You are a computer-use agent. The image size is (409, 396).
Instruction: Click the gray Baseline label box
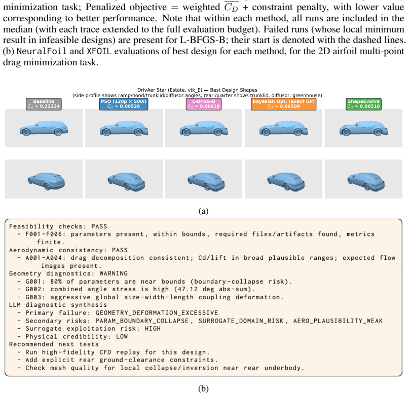pos(44,104)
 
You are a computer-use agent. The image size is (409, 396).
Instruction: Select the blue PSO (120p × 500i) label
pos(124,104)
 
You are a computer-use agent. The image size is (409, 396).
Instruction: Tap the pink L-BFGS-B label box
pos(204,104)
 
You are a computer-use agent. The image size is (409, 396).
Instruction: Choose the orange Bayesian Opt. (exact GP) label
pos(283,104)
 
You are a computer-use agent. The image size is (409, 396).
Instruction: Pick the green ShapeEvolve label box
pos(363,104)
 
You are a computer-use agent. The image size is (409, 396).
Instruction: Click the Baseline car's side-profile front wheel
pos(26,132)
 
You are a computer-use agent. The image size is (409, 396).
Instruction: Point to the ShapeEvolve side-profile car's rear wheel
pos(378,133)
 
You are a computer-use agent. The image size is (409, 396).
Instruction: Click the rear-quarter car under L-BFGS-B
pos(206,181)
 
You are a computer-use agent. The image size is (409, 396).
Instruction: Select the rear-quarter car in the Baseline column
pos(47,181)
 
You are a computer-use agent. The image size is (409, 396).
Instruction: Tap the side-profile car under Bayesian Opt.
pos(283,128)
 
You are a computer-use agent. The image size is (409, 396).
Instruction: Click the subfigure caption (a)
pos(203,211)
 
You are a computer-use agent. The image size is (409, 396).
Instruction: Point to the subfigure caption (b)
pos(203,389)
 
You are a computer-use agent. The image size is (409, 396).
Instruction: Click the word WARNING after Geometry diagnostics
pos(114,273)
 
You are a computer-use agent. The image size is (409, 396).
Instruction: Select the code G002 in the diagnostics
pos(33,289)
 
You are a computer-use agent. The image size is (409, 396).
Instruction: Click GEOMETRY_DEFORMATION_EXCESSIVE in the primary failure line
pos(157,313)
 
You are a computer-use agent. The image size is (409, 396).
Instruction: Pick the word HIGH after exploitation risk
pos(153,329)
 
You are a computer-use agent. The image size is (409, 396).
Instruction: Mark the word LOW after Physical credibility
pos(122,337)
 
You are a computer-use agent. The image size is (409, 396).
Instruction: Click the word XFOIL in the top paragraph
pos(99,51)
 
